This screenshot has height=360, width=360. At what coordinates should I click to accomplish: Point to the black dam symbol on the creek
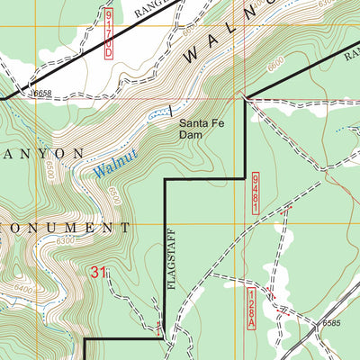click(171, 111)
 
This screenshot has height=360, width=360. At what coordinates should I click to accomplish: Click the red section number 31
click(99, 271)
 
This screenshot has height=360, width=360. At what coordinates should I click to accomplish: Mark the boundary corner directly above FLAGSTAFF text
click(164, 180)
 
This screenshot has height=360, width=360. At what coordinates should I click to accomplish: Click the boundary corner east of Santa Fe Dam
click(245, 97)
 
